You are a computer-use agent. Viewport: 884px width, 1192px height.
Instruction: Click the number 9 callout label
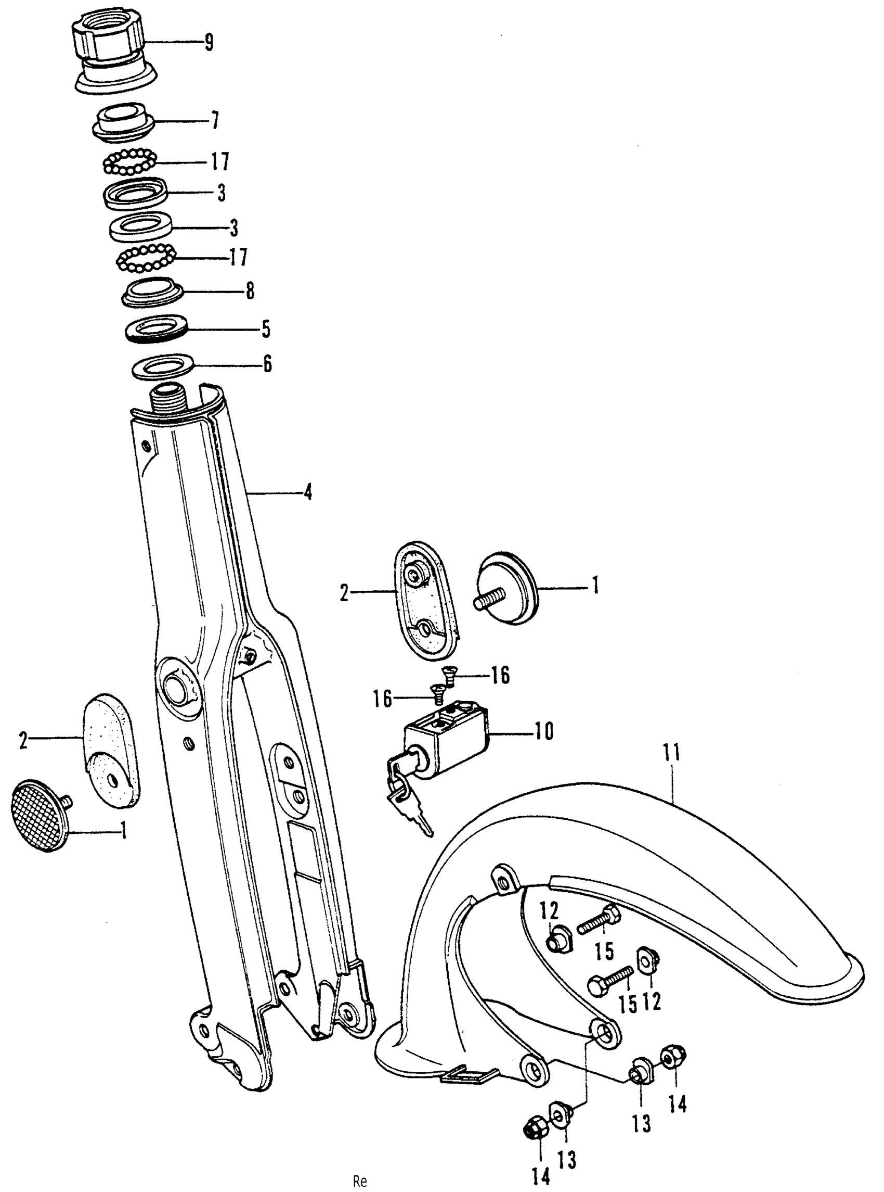click(208, 42)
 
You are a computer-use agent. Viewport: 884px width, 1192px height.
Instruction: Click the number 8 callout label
click(250, 291)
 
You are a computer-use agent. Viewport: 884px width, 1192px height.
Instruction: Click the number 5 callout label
click(265, 329)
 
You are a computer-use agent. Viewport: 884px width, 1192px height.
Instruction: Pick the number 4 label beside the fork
click(307, 491)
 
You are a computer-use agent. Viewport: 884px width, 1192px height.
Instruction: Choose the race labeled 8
click(152, 293)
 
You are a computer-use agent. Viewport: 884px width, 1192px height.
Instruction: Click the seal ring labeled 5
click(155, 331)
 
